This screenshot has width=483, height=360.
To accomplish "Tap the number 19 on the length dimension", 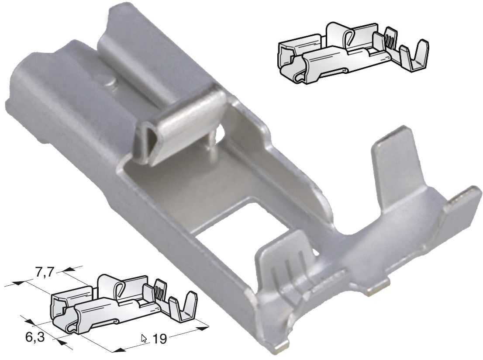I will coord(160,339).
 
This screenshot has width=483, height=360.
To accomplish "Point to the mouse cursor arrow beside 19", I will coord(144,338).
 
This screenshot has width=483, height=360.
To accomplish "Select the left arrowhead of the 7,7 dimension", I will coord(17,283).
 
